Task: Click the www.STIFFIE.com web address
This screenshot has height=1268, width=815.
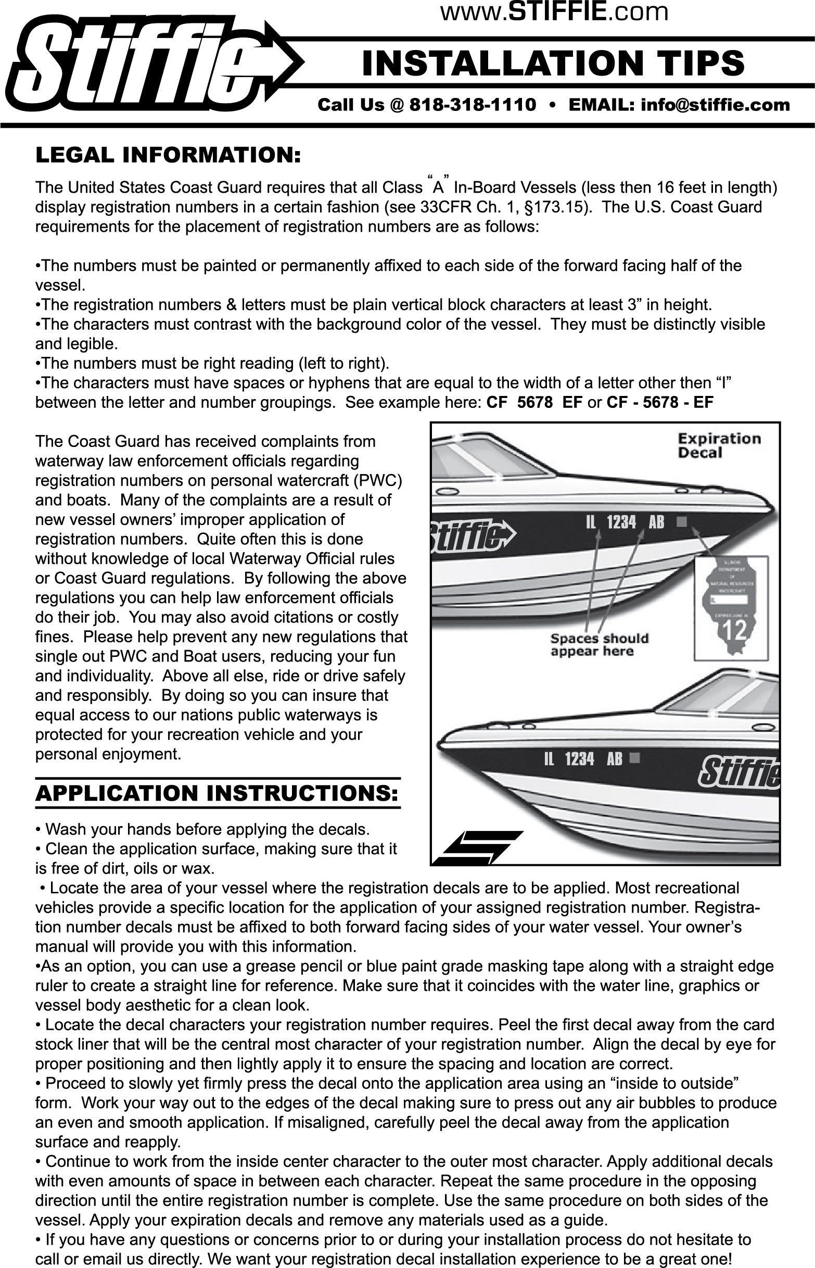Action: point(554,11)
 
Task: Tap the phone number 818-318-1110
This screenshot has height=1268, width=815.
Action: point(473,105)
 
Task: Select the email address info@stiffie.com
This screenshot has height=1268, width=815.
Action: point(715,105)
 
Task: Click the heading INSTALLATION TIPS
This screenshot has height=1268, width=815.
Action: point(554,63)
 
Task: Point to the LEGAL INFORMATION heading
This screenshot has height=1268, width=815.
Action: point(168,155)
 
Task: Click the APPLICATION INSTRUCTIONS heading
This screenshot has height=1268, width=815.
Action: point(217,793)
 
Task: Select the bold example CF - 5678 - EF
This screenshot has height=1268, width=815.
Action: point(659,403)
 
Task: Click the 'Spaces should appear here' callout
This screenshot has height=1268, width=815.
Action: point(599,644)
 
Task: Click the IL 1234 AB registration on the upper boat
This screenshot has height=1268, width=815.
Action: point(625,523)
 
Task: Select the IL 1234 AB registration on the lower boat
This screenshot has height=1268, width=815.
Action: point(583,759)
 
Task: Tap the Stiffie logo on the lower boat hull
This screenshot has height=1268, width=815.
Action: point(740,772)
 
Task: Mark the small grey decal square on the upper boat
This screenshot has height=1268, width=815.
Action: point(682,522)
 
